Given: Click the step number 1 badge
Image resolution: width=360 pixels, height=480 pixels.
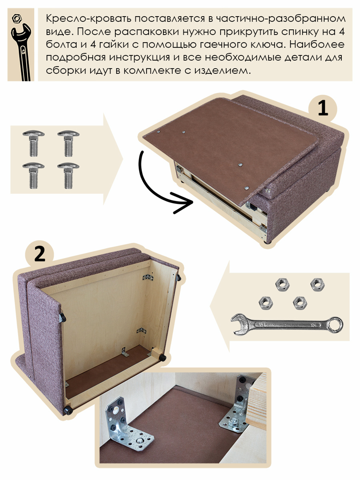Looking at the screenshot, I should (x=323, y=108).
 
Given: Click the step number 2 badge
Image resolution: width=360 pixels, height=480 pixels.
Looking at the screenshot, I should (x=40, y=254).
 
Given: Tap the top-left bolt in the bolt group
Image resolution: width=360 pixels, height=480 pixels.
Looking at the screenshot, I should (x=33, y=143).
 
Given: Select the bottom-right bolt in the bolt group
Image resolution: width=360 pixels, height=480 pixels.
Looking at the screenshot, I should (x=68, y=175).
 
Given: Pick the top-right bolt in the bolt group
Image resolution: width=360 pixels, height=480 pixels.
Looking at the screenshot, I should (x=68, y=143).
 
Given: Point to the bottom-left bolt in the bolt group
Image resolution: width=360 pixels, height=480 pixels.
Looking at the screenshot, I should (x=33, y=175).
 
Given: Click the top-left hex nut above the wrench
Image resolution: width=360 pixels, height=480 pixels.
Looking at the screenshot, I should (x=282, y=284).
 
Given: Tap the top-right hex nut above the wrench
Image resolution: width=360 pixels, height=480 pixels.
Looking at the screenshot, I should (x=317, y=284).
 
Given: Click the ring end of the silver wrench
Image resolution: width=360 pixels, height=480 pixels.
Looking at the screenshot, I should (x=335, y=325).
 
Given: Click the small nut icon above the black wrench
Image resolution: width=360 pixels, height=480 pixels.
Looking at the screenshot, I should (x=17, y=18).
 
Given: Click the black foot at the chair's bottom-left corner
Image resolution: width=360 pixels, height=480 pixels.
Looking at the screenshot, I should (x=67, y=410).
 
